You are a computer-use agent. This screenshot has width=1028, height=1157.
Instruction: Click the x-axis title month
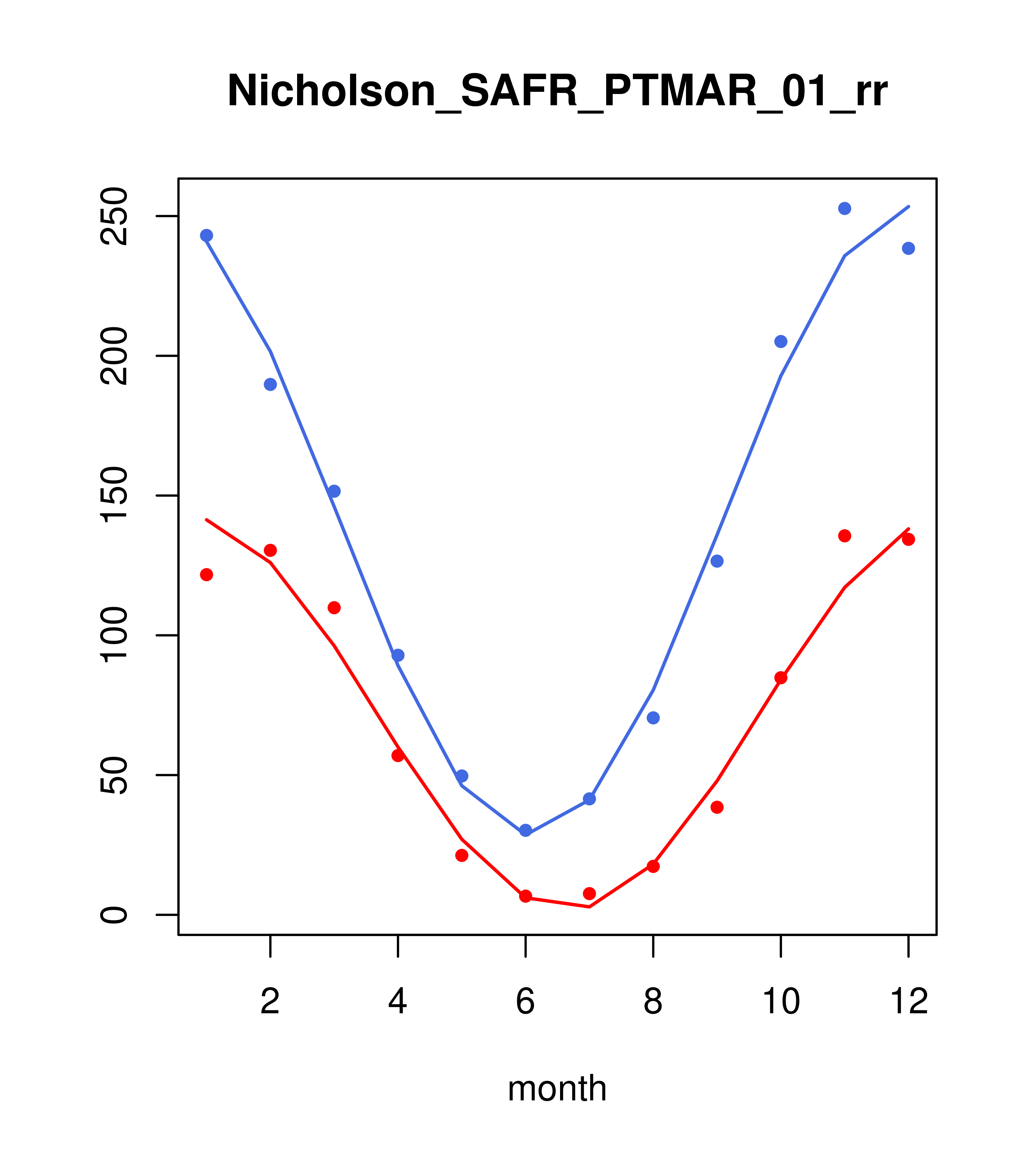[x=557, y=1088]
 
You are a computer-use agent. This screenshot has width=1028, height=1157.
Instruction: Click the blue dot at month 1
[x=206, y=236]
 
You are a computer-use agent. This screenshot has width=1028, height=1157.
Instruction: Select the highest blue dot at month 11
[x=845, y=208]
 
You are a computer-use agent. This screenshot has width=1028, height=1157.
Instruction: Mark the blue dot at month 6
[x=526, y=830]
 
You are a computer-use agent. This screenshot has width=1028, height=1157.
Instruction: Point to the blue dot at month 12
[x=909, y=249]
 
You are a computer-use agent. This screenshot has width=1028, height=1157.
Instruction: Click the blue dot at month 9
[x=717, y=561]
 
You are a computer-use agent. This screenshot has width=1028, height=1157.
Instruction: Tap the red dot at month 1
[x=206, y=575]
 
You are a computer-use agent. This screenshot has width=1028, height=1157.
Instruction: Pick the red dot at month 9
[x=717, y=807]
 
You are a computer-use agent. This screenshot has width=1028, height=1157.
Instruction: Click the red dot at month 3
[x=334, y=608]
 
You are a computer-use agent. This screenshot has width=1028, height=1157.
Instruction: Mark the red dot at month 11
[x=845, y=535]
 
